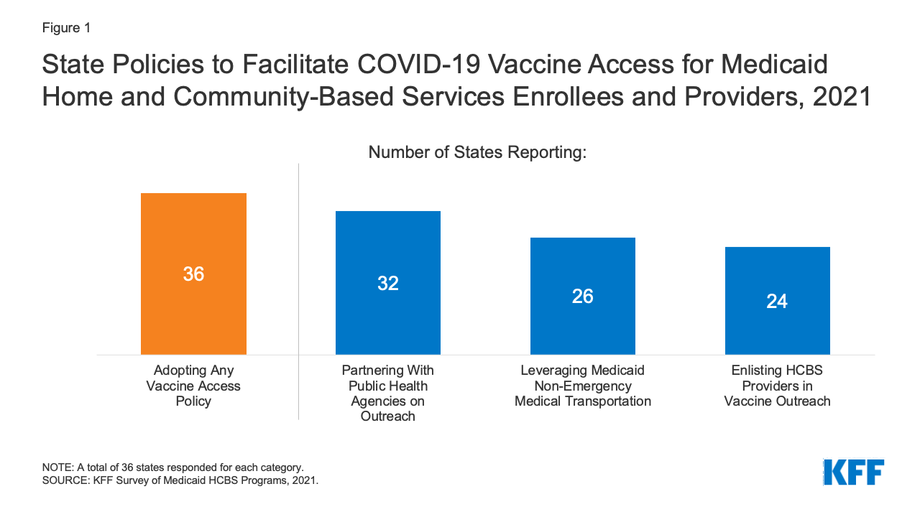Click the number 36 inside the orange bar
[193, 274]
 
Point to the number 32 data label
[388, 284]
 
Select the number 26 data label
[583, 297]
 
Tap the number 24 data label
[777, 302]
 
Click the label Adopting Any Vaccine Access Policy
[193, 386]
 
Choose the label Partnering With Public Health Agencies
[388, 393]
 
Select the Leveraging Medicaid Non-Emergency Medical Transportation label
[583, 386]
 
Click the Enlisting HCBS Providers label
[777, 386]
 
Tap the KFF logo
[853, 472]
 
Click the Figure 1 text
[66, 28]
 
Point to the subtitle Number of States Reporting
[477, 152]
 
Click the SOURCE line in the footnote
[180, 481]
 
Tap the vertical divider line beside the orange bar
[298, 287]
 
